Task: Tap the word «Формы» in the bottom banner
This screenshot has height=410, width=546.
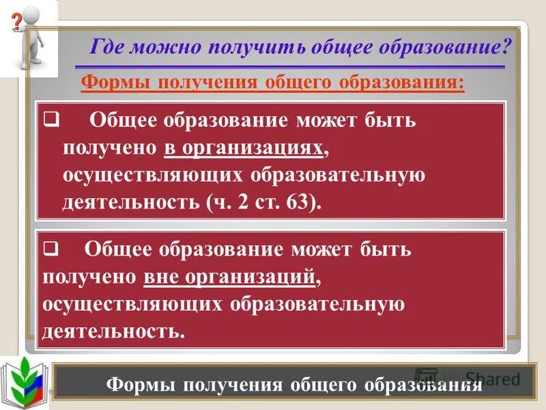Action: [139, 385]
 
